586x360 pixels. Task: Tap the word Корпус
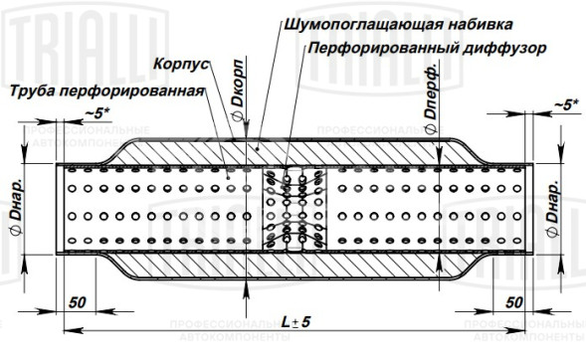tap(180, 63)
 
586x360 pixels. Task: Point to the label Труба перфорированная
tap(105, 91)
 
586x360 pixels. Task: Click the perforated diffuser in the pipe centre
tap(293, 206)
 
